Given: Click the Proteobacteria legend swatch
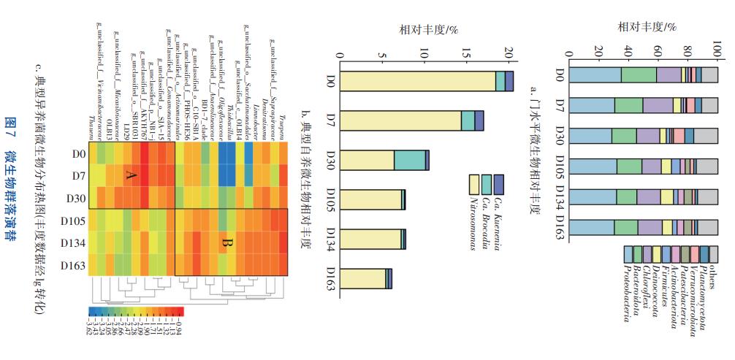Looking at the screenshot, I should click(629, 255).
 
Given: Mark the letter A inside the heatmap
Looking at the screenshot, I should click(132, 176).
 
